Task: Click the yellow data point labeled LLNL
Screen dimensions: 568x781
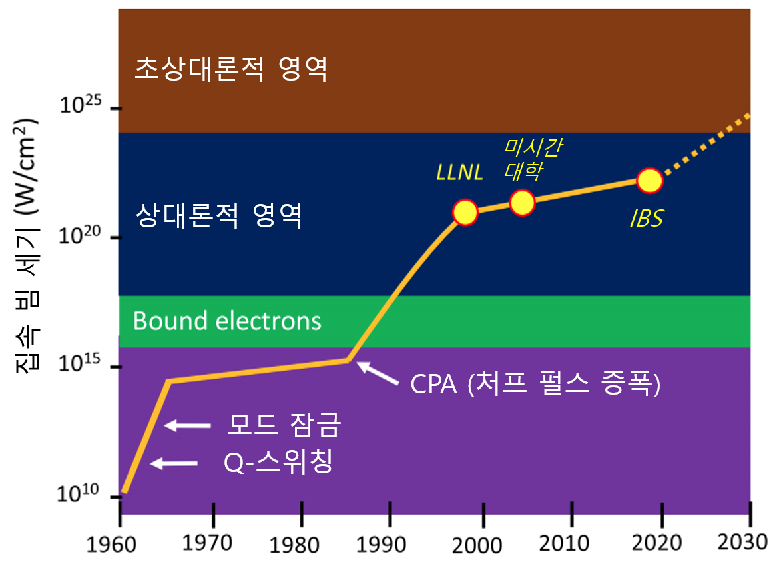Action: (465, 212)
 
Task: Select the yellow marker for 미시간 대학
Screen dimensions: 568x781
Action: (523, 202)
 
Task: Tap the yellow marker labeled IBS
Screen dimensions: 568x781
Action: (649, 180)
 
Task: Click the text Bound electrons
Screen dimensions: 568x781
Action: (227, 321)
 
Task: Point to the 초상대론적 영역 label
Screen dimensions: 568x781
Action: (230, 69)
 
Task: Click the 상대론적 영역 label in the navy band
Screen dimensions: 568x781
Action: (218, 216)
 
